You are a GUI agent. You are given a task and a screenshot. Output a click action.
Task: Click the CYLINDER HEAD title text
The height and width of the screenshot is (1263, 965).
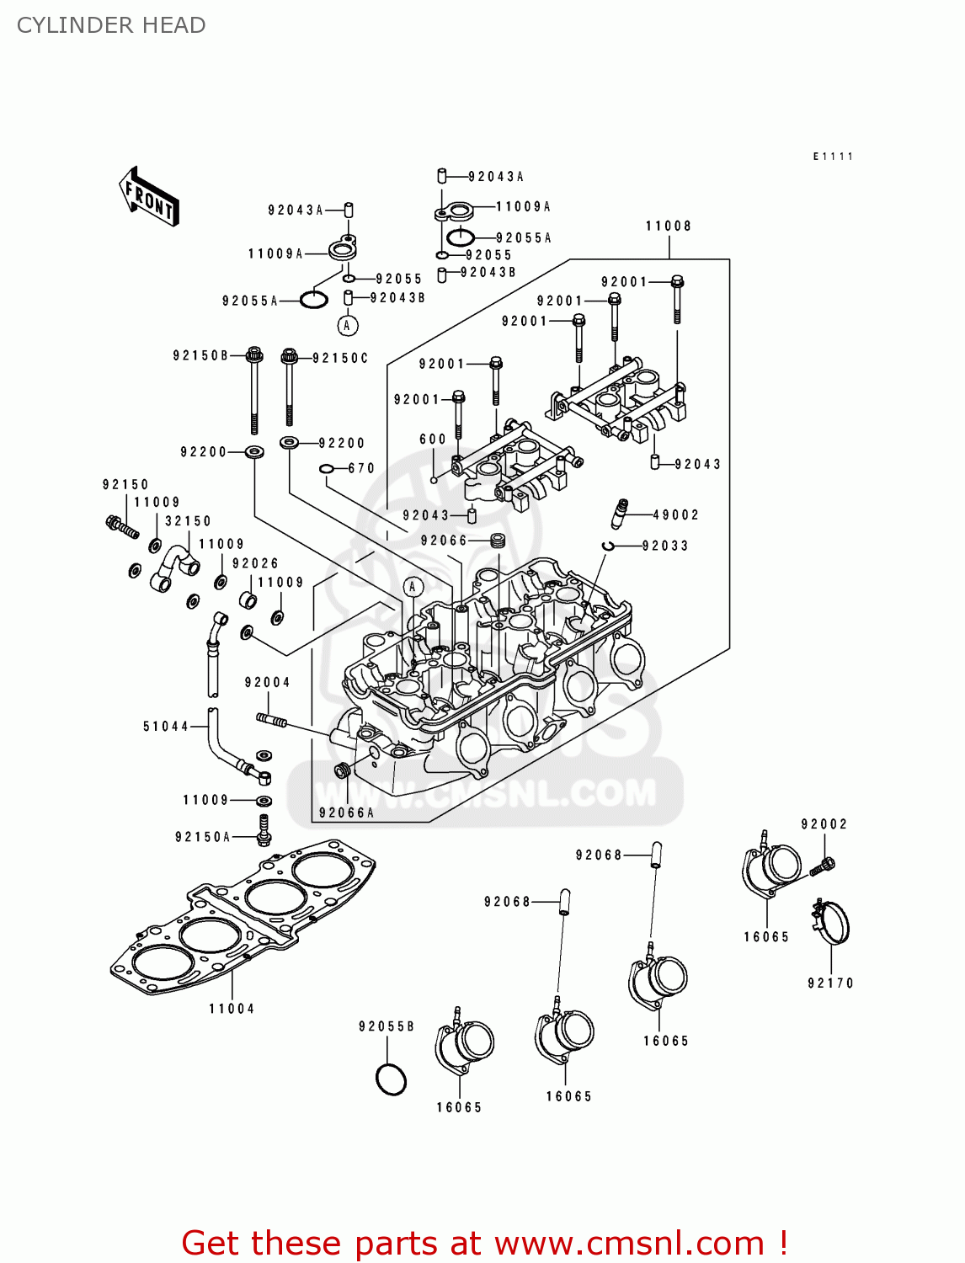111,25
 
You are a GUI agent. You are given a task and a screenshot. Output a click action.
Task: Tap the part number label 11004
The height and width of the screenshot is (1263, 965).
232,1009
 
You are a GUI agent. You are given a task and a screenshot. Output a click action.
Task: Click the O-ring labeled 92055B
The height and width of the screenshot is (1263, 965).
391,1079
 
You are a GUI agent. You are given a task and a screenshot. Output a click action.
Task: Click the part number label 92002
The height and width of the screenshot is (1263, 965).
824,824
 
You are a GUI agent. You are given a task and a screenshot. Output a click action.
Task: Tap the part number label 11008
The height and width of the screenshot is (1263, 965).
669,226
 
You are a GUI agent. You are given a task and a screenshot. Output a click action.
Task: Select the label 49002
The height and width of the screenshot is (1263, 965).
676,514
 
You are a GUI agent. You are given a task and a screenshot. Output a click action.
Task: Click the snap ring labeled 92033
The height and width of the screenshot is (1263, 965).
608,546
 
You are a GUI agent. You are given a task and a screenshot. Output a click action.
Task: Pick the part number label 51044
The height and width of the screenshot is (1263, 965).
166,726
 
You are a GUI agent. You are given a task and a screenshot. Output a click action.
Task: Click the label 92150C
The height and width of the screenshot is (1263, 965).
340,358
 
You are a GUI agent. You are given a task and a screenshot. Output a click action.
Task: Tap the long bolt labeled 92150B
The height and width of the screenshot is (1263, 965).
253,392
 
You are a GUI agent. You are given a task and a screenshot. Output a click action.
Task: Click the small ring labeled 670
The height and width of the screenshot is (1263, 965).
327,468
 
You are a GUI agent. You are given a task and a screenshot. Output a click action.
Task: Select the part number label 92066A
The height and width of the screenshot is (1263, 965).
346,813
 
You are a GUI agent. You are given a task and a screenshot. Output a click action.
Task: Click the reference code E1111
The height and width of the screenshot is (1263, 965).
833,157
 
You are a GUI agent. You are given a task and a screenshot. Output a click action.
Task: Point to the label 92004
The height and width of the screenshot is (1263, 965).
268,682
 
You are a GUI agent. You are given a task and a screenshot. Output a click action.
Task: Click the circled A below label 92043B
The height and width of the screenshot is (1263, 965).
348,325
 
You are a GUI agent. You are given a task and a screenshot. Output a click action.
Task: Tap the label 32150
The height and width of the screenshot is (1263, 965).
188,521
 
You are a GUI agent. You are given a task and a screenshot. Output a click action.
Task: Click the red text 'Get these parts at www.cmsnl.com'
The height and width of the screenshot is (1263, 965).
484,1243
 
